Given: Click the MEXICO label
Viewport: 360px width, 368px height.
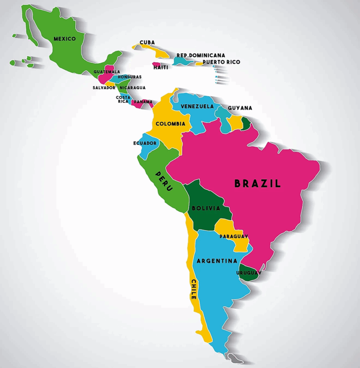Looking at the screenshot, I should pyautogui.click(x=65, y=39).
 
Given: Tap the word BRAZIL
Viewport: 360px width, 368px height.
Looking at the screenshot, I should pyautogui.click(x=258, y=183).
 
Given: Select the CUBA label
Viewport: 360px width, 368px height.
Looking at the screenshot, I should pyautogui.click(x=147, y=42).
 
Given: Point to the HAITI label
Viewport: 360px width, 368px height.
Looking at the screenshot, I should pyautogui.click(x=160, y=68).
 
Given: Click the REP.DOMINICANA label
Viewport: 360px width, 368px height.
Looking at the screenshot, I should pyautogui.click(x=201, y=55).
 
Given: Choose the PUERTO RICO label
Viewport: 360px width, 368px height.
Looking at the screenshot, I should pyautogui.click(x=221, y=62).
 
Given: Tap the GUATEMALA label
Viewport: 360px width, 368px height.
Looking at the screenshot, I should pyautogui.click(x=107, y=72).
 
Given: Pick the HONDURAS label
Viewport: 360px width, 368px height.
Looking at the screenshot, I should pyautogui.click(x=130, y=77).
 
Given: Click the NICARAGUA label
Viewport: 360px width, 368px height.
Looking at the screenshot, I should pyautogui.click(x=133, y=88).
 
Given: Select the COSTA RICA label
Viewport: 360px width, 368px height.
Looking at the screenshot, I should pyautogui.click(x=123, y=99).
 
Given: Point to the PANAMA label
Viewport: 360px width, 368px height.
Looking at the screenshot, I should pyautogui.click(x=143, y=102).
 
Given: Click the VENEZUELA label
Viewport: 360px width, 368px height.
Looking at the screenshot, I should pyautogui.click(x=197, y=106).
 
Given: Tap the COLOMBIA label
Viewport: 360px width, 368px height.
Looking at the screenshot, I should pyautogui.click(x=171, y=124).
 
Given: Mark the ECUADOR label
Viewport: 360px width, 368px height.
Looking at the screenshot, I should pyautogui.click(x=145, y=143).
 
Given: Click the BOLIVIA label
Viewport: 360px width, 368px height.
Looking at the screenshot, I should pyautogui.click(x=206, y=208).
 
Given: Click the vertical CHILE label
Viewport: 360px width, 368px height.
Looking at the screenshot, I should pyautogui.click(x=193, y=289).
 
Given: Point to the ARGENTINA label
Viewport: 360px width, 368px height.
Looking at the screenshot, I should pyautogui.click(x=217, y=261).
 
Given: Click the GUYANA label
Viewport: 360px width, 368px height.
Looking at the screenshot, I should pyautogui.click(x=240, y=108).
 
